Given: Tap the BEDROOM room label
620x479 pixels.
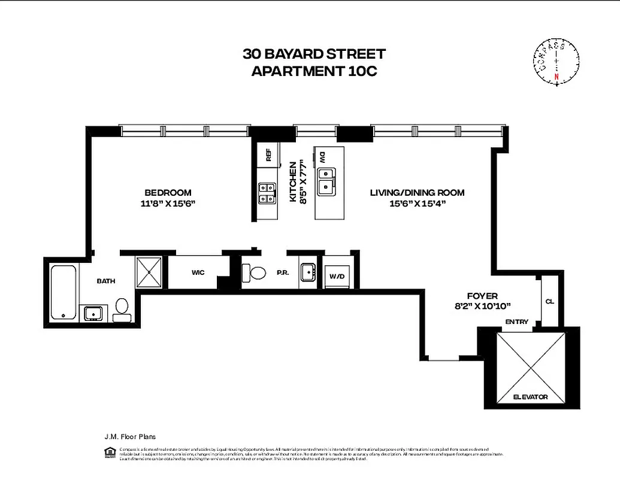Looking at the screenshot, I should pyautogui.click(x=168, y=193).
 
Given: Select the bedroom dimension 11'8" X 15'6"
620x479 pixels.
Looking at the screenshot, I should pyautogui.click(x=168, y=204).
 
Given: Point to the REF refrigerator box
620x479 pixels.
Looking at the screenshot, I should pyautogui.click(x=268, y=155).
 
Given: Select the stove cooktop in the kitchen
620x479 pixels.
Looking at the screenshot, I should pyautogui.click(x=267, y=193).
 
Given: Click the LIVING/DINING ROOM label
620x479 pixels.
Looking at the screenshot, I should pyautogui.click(x=417, y=193).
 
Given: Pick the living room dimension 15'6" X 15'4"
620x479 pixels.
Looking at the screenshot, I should pyautogui.click(x=417, y=204).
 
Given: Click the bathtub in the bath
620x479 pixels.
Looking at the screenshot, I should pyautogui.click(x=63, y=293).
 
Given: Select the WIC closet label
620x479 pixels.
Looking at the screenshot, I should pyautogui.click(x=198, y=272).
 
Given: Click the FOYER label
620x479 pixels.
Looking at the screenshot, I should pyautogui.click(x=482, y=296).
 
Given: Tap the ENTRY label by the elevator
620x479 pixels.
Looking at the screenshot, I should pyautogui.click(x=516, y=322).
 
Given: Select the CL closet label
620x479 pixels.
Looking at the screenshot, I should pyautogui.click(x=549, y=301).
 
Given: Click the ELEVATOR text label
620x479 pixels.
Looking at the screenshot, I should pyautogui.click(x=530, y=396).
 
